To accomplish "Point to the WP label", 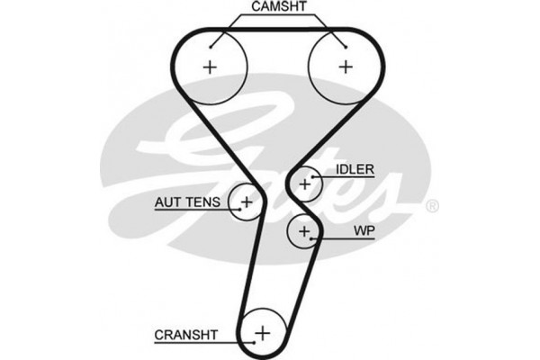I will point(364,230).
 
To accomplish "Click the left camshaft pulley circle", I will point(211,66).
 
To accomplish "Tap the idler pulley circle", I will point(305,184).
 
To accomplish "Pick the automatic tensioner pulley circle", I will point(245,200).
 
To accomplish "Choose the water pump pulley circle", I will point(304,232).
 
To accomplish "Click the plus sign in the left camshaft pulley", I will point(211,66).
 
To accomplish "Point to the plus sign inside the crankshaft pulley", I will point(262,333).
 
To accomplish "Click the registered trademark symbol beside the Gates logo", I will point(432,206).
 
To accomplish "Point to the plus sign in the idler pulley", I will point(305,184).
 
